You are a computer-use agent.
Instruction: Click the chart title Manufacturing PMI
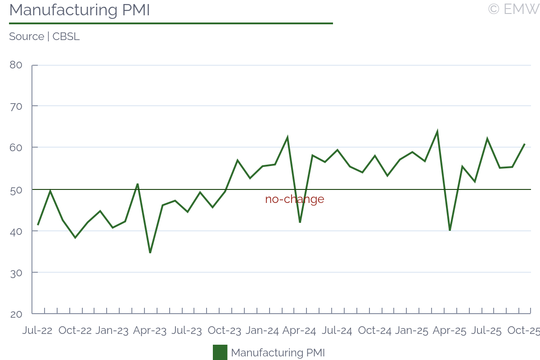click(79, 10)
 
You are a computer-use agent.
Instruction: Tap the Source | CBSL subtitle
click(44, 37)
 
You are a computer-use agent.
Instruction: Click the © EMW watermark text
click(513, 9)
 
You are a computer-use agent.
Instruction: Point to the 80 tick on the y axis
click(16, 65)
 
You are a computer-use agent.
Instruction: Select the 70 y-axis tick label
click(16, 106)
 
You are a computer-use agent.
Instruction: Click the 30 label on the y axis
click(16, 273)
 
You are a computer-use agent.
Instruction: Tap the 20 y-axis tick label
click(16, 314)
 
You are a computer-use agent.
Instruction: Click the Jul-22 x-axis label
click(37, 331)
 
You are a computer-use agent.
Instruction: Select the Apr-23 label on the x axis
click(150, 331)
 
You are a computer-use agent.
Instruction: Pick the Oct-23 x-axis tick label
click(225, 331)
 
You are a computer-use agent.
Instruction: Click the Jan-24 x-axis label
click(262, 331)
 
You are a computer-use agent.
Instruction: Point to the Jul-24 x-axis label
click(337, 331)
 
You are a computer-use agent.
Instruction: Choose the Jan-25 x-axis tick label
click(412, 331)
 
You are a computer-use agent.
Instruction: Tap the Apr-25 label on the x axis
click(450, 331)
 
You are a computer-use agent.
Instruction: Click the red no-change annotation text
click(294, 199)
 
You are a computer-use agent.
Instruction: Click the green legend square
click(220, 352)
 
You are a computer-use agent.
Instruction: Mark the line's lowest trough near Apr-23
click(150, 252)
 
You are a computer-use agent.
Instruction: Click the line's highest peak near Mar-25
click(437, 131)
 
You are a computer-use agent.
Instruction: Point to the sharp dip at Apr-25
click(450, 230)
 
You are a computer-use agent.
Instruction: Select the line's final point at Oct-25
click(525, 144)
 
